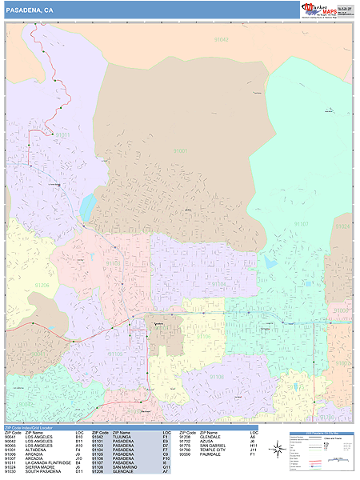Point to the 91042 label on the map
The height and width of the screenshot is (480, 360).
pyautogui.click(x=222, y=38)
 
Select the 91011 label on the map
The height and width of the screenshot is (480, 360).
pyautogui.click(x=62, y=135)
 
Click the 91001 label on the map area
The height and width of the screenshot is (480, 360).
pyautogui.click(x=181, y=150)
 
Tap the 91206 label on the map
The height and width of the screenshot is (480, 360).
pyautogui.click(x=42, y=285)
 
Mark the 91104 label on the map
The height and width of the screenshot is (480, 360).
pyautogui.click(x=218, y=283)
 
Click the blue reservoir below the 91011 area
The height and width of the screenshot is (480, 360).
pyautogui.click(x=87, y=206)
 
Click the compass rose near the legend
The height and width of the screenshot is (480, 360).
pyautogui.click(x=277, y=450)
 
